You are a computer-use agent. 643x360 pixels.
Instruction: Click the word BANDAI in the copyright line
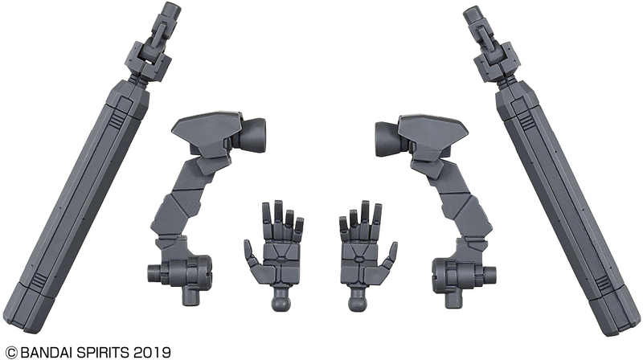tap(47, 351)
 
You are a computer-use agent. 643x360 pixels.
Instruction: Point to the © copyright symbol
tap(7, 351)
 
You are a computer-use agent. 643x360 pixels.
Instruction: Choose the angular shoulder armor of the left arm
tap(207, 129)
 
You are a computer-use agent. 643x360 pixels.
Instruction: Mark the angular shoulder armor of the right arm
tap(435, 129)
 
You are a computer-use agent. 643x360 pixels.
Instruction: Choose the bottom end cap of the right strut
tap(612, 313)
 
